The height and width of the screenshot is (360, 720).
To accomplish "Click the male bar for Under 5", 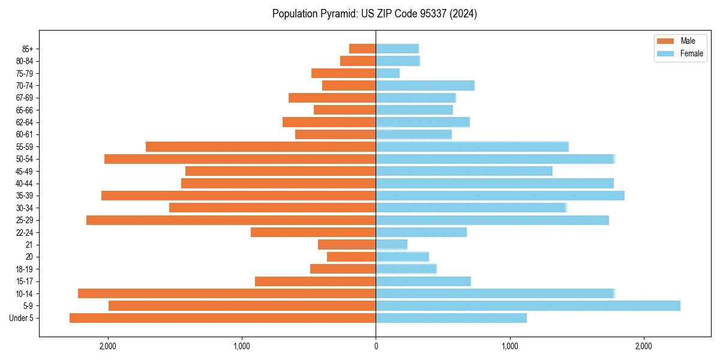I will [223, 318].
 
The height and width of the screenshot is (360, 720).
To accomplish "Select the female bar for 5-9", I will [528, 306].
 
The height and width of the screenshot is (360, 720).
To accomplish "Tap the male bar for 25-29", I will [231, 220].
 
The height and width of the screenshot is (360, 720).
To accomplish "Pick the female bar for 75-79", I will [388, 73].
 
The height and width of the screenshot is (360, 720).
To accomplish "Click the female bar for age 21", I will [391, 245].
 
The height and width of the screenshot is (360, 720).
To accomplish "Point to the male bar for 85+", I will [362, 49].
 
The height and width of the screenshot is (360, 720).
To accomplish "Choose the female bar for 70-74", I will [425, 86].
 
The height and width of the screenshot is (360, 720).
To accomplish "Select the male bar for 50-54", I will [240, 159].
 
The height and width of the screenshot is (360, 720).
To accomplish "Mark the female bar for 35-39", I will [500, 196].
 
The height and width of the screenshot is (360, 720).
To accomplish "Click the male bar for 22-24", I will [313, 232].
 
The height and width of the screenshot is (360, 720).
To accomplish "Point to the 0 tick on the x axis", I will [376, 346].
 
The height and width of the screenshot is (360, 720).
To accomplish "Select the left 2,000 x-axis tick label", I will [108, 346].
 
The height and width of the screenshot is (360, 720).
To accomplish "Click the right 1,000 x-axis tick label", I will [509, 346].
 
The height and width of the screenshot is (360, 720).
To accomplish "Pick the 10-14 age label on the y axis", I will [24, 293].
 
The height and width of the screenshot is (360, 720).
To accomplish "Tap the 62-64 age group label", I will [24, 122].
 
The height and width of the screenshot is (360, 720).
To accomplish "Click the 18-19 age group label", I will [24, 269].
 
